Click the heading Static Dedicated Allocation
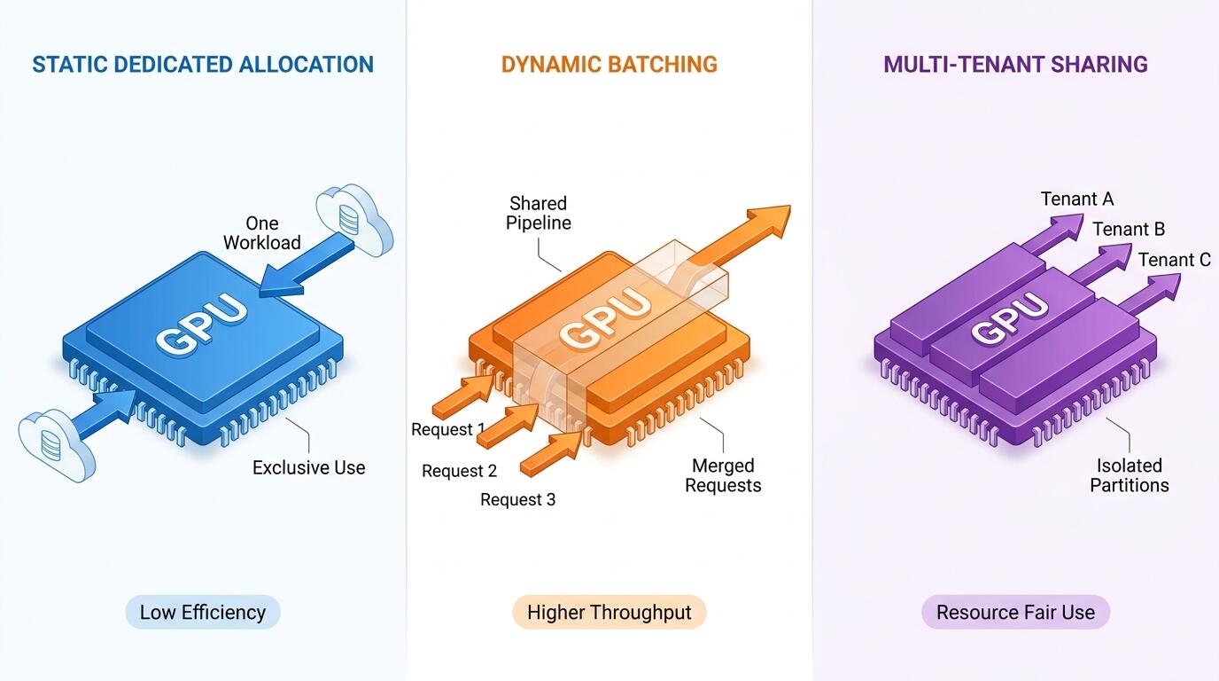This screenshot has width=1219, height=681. [x=203, y=64]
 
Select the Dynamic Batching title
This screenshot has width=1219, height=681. [x=609, y=64]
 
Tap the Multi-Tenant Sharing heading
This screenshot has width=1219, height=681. [x=1015, y=64]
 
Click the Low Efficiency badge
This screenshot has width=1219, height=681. [x=203, y=612]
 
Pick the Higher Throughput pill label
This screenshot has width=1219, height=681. [x=609, y=612]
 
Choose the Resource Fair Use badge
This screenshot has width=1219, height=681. [x=1015, y=612]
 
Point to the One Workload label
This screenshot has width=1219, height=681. [x=261, y=232]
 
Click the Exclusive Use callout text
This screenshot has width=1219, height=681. [x=308, y=467]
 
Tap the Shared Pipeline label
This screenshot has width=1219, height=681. [x=539, y=213]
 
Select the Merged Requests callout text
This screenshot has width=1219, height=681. [x=723, y=475]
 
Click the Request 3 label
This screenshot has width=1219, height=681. [x=517, y=499]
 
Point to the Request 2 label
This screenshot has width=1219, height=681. [x=459, y=471]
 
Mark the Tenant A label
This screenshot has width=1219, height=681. [x=1077, y=199]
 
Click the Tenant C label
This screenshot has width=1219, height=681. [x=1175, y=260]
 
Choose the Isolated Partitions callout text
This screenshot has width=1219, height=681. [x=1130, y=475]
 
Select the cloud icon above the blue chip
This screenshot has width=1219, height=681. [x=354, y=219]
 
